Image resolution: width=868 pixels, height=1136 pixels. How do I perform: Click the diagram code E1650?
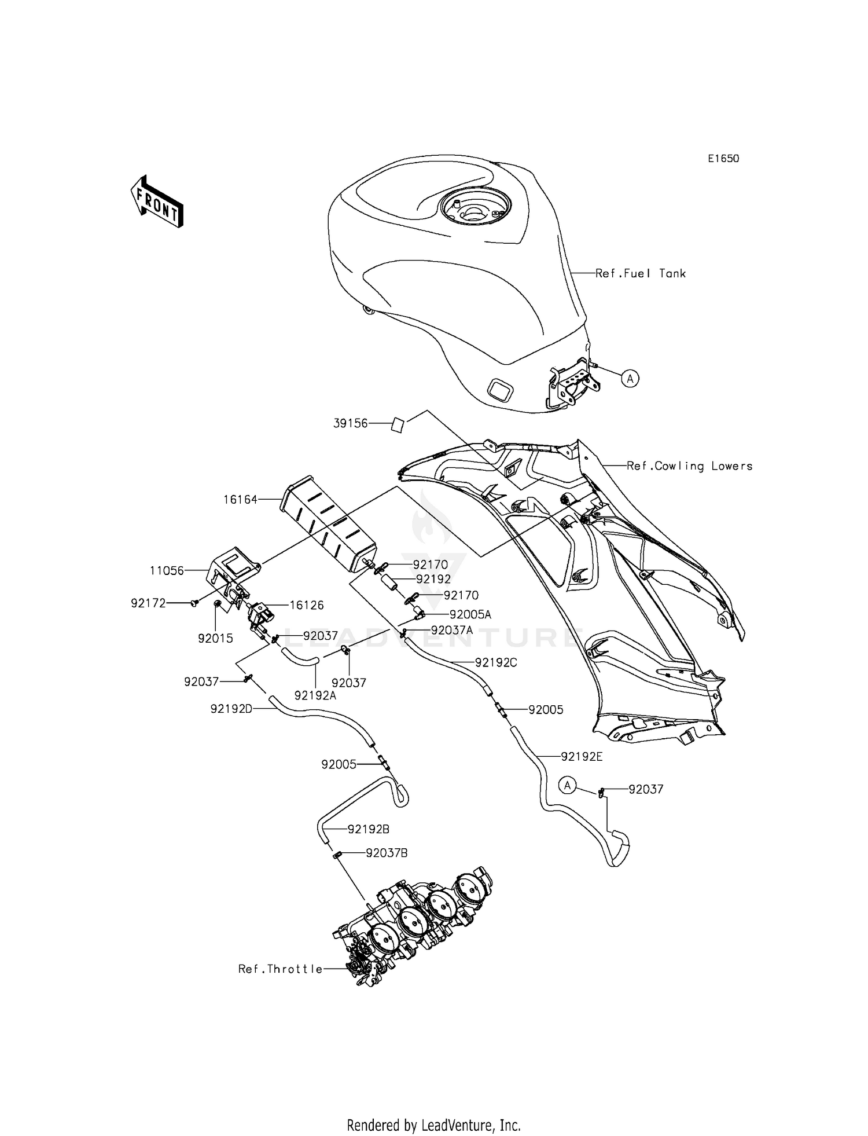pyautogui.click(x=723, y=159)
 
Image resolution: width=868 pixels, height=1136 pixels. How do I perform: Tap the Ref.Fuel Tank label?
pyautogui.click(x=641, y=273)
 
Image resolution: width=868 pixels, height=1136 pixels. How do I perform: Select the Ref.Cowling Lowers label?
pyautogui.click(x=690, y=466)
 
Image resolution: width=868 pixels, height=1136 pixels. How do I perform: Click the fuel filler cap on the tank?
pyautogui.click(x=475, y=208)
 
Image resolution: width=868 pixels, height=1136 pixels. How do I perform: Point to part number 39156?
pyautogui.click(x=350, y=423)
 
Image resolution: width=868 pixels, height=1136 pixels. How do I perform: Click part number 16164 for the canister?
pyautogui.click(x=240, y=499)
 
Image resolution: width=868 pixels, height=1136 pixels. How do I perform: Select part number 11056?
pyautogui.click(x=167, y=570)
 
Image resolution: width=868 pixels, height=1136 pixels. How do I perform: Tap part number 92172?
pyautogui.click(x=148, y=603)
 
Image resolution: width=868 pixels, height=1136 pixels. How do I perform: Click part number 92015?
pyautogui.click(x=215, y=638)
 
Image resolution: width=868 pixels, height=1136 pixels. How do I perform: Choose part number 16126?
pyautogui.click(x=307, y=605)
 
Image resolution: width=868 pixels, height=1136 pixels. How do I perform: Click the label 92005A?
pyautogui.click(x=470, y=614)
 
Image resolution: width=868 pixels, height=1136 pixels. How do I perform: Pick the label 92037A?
pyautogui.click(x=452, y=630)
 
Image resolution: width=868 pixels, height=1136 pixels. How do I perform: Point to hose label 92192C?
pyautogui.click(x=496, y=662)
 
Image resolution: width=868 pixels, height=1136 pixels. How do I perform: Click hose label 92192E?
pyautogui.click(x=582, y=756)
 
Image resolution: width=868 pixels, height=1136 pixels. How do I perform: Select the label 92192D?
pyautogui.click(x=231, y=708)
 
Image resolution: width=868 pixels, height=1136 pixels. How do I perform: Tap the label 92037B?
pyautogui.click(x=386, y=853)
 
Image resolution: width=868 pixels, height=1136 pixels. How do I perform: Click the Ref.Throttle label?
pyautogui.click(x=280, y=969)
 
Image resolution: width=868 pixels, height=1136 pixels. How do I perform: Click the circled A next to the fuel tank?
pyautogui.click(x=630, y=379)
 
